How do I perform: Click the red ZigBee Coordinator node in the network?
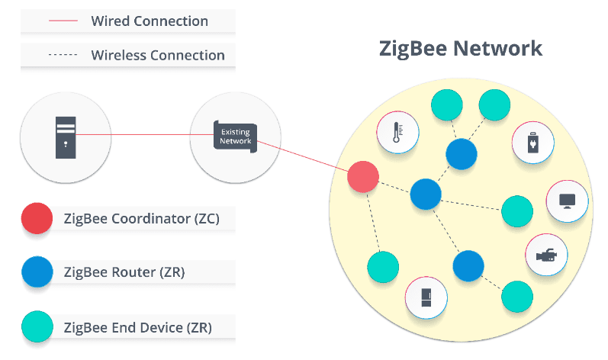[x=363, y=177]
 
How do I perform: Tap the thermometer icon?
[x=397, y=132]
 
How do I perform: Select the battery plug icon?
[x=532, y=142]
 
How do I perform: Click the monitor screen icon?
[x=567, y=201]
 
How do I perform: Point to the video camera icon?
[x=546, y=255]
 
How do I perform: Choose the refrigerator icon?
[x=426, y=297]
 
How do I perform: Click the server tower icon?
[x=66, y=137]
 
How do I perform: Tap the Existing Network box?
[x=236, y=137]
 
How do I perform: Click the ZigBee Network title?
[x=461, y=49]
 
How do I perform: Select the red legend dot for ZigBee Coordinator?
[x=37, y=218]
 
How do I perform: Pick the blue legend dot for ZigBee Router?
[x=37, y=272]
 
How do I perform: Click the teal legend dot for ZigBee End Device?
[x=37, y=326]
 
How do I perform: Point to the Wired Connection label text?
[x=150, y=21]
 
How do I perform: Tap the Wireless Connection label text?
[x=158, y=55]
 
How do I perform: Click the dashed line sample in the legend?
[x=63, y=55]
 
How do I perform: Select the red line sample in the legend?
[x=63, y=21]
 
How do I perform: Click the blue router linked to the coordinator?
[x=426, y=194]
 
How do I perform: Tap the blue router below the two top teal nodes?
[x=462, y=154]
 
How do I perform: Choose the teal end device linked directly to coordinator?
[x=383, y=267]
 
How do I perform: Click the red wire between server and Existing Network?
[x=145, y=134]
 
